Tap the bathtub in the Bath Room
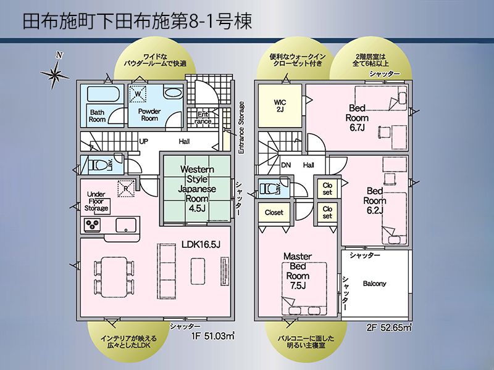[103, 94]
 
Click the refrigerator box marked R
[126, 189]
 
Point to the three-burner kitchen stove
[92, 224]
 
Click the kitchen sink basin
[126, 225]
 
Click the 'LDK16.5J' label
[201, 244]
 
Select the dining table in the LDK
[114, 277]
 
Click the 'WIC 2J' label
[280, 106]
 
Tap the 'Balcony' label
[374, 284]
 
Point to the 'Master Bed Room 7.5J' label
[298, 271]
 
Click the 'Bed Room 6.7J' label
[357, 118]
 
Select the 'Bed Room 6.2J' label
[375, 201]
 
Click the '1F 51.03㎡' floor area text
[213, 336]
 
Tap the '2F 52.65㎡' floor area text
[390, 327]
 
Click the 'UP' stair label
[143, 141]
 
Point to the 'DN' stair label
[286, 165]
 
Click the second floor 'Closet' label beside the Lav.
[274, 213]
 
